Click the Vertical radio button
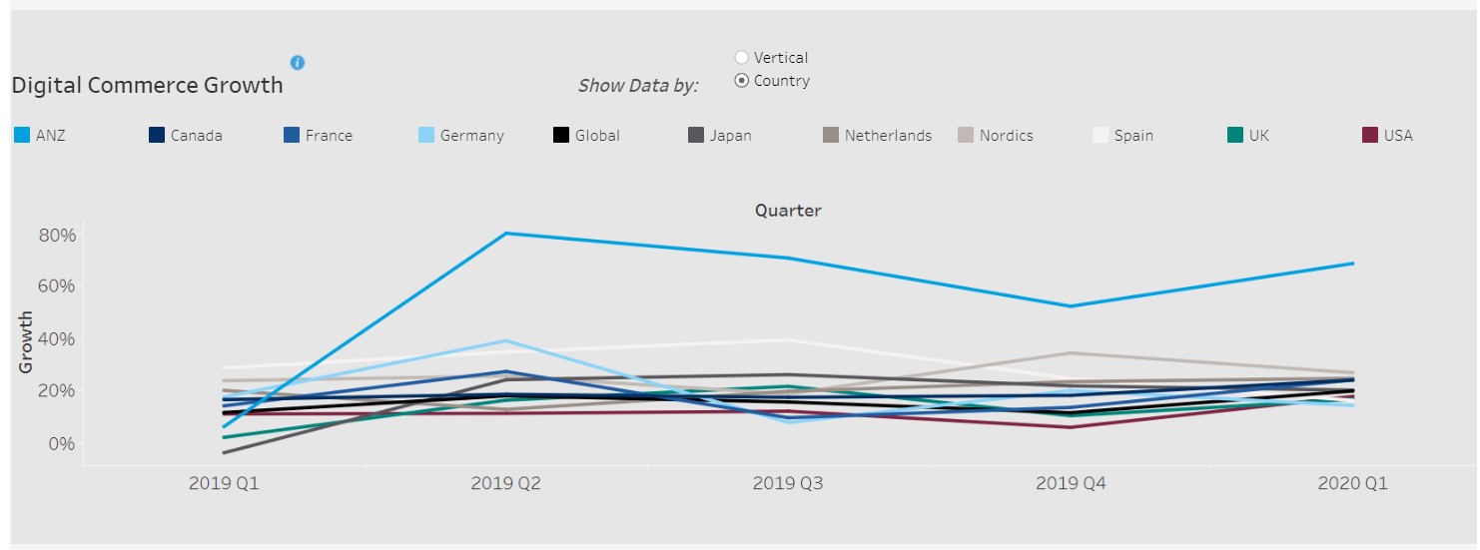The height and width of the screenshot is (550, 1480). coord(742,58)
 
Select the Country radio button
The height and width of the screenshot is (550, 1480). coord(742,81)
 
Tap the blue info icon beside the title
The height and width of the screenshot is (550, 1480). coord(297,63)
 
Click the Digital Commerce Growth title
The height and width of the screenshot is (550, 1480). coord(147,85)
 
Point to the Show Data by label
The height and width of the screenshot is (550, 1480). coord(638,86)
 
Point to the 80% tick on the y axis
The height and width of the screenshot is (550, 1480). coord(57,236)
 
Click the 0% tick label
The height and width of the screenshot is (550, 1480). coord(62,443)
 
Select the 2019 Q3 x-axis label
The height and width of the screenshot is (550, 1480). coord(789,484)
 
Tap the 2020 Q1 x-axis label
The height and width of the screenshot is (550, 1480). coord(1352,484)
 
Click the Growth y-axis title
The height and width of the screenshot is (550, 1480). coord(26,342)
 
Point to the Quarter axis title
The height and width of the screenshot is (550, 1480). coord(788,211)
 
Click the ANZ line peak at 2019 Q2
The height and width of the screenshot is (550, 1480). coord(506,234)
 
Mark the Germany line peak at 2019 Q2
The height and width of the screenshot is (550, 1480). coord(506,340)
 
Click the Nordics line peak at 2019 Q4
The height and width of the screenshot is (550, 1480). coord(1071,352)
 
